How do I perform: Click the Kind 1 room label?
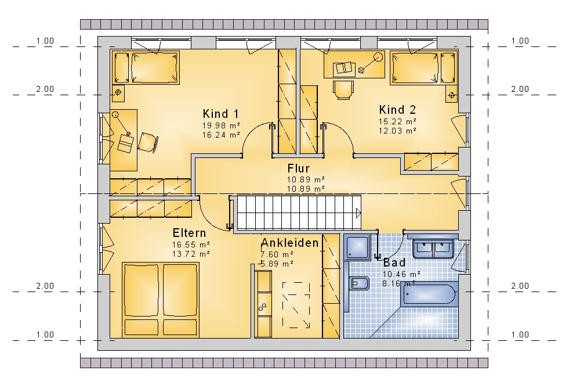pos(221,114)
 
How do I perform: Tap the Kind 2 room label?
pos(397,110)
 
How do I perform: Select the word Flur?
pos(299,168)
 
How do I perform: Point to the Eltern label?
pos(190,233)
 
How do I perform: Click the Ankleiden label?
pos(290,243)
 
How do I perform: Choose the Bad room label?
pos(394,262)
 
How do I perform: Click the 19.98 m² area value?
pos(221,125)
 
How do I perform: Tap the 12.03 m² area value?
pos(397,131)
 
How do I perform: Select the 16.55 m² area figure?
pos(191,245)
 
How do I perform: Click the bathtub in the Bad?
pos(429,294)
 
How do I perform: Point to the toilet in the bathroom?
pos(359,283)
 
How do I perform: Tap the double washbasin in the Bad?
pos(433,249)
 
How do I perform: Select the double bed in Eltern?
pos(161,300)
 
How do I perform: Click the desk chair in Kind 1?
pos(148,142)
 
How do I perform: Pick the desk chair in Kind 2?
pos(343,90)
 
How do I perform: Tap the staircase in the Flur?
pos(299,213)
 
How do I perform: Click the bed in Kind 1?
pos(146,68)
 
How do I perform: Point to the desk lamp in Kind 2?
pos(369,63)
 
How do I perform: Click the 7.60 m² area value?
pos(277,254)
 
